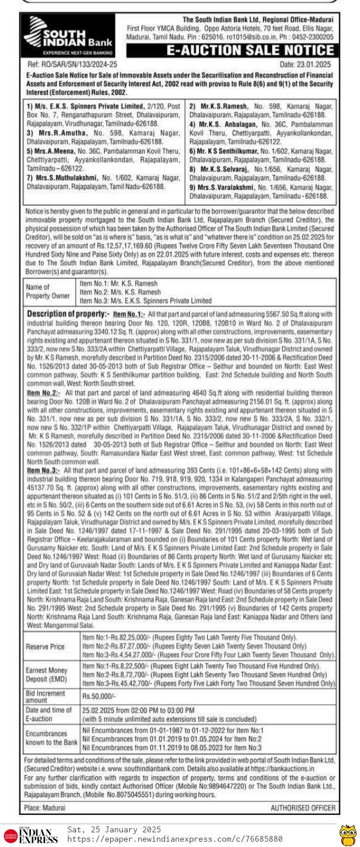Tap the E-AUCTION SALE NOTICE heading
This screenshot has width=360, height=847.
251,50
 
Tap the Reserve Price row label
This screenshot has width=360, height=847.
45,647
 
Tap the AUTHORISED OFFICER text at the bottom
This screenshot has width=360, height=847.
303,807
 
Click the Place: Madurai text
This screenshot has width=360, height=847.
46,807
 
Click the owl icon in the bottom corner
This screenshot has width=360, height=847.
348,835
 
